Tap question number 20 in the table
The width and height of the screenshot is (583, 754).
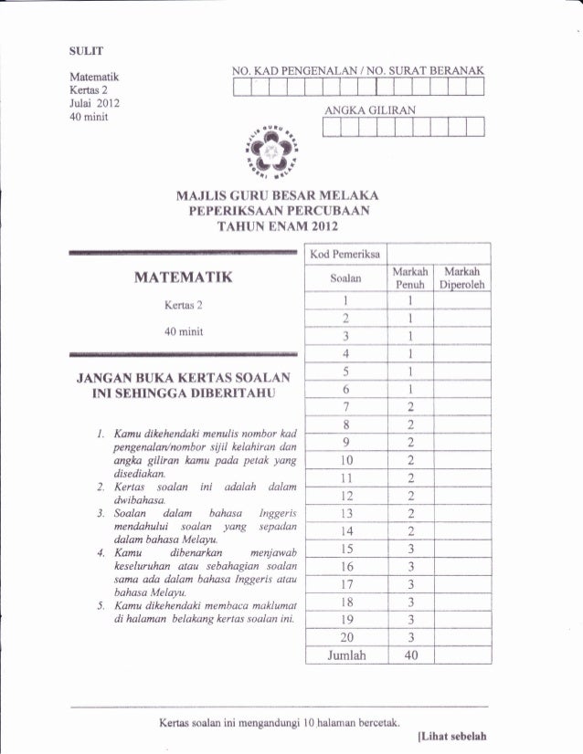(x=345, y=636)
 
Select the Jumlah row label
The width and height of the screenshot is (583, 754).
(x=345, y=655)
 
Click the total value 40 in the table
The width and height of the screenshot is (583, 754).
(x=411, y=655)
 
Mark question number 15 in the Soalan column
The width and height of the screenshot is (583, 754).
(x=345, y=548)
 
